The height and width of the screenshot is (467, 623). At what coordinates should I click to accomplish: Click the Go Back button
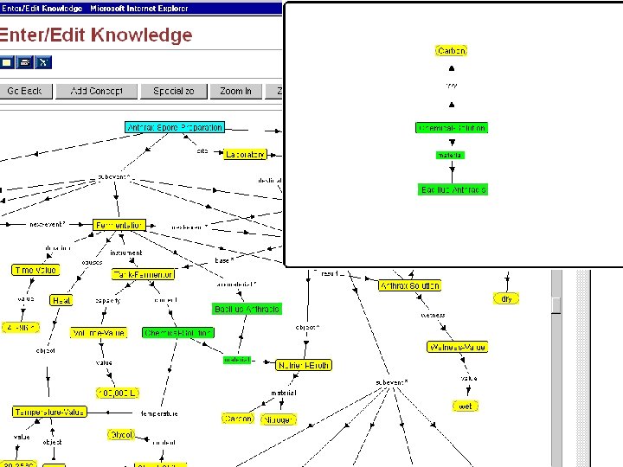pos(25,91)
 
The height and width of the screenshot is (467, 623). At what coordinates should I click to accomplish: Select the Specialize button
pos(174,91)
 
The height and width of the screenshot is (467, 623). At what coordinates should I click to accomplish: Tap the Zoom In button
pos(235,91)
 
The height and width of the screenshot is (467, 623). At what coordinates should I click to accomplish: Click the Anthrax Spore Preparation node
pos(175,127)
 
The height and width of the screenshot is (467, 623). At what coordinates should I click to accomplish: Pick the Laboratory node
pos(245,155)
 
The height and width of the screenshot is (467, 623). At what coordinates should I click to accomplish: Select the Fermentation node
pos(119,225)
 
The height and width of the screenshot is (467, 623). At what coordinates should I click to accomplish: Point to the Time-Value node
pos(35,270)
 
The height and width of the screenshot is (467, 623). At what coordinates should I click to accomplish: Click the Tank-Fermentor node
pos(143,274)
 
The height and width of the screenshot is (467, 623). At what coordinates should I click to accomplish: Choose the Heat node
pos(61,300)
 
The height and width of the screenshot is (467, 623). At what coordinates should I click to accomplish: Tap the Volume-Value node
pos(98,333)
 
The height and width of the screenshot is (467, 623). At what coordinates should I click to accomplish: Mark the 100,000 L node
pos(116,393)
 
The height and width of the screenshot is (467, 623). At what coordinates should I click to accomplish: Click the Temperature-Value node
pos(48,412)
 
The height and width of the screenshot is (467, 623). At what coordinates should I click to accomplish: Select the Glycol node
pos(121,434)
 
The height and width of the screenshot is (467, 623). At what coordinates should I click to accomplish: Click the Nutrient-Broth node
pos(303,365)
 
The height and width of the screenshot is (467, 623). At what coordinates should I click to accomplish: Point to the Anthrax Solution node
pos(409,285)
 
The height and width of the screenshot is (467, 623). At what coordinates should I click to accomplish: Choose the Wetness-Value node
pos(458,347)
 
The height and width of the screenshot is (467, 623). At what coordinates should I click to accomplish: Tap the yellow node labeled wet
pos(466,406)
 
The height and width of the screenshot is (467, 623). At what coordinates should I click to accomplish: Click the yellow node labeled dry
pos(506,298)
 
